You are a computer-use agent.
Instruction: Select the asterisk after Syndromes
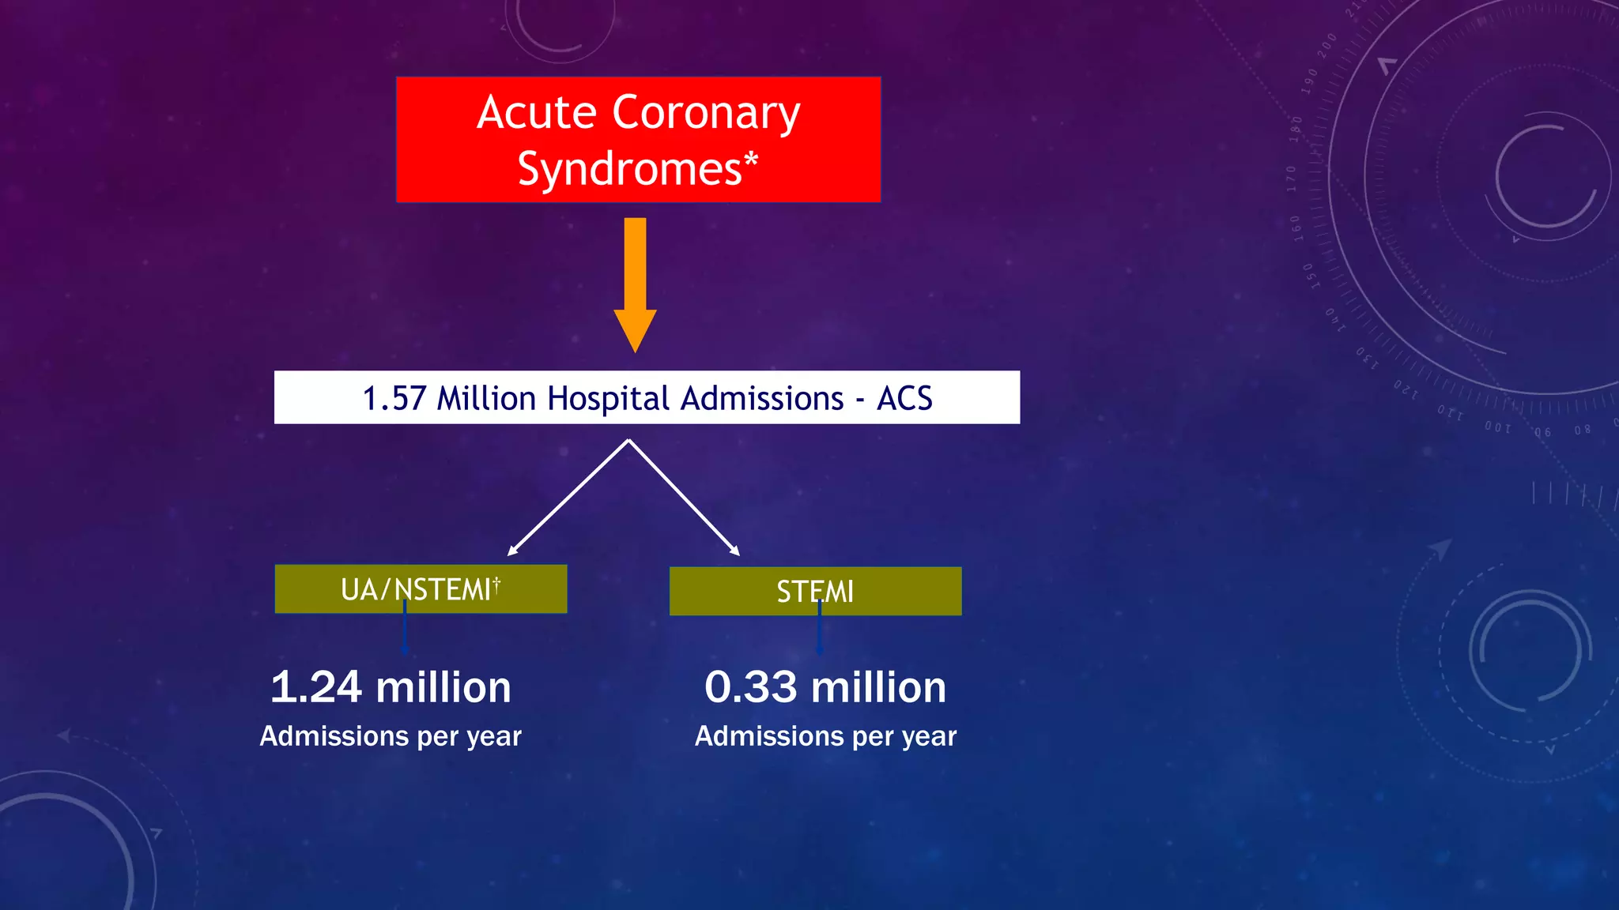[751, 161]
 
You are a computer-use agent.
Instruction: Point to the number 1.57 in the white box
[394, 398]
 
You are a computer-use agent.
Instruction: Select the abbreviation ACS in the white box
[904, 398]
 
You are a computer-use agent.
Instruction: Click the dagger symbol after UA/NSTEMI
[496, 584]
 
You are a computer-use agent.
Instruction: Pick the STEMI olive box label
[814, 592]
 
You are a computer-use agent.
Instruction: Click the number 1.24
[316, 687]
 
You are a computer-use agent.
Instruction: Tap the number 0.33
[750, 687]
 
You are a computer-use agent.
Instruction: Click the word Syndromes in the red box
[629, 169]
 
